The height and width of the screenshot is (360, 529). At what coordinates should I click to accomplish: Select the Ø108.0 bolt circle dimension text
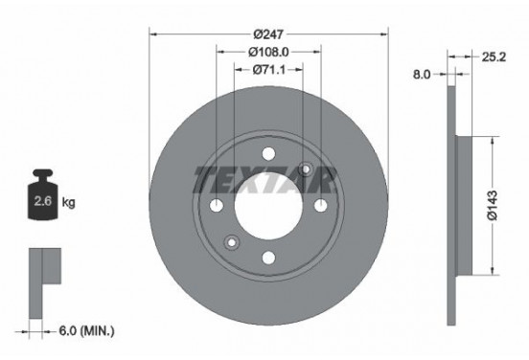[x=268, y=52]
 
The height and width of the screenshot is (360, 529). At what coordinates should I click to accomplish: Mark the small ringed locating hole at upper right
[x=306, y=169]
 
